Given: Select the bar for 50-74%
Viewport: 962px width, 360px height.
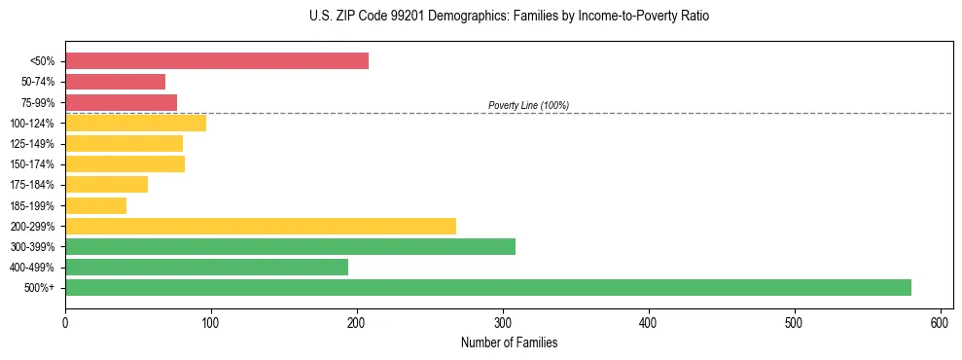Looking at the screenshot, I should coord(115,82).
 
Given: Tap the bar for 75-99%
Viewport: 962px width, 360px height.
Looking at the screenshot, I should coord(121,102).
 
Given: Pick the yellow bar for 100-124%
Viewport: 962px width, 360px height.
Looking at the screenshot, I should coord(135,123).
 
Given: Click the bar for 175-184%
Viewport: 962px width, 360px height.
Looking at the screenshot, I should coord(106,185).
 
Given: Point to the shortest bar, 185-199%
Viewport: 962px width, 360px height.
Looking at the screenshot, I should coord(95,205).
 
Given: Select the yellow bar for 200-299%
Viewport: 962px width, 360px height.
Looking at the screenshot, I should coord(260,226).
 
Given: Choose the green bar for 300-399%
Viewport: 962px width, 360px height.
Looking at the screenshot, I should coord(290,246).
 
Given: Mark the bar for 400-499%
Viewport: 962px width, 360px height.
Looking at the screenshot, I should coord(206,267).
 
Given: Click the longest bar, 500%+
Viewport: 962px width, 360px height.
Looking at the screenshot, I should coord(487,287).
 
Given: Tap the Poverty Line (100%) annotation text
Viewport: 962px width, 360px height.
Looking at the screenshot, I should coord(528,105).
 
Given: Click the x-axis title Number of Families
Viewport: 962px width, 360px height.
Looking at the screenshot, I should coord(509,342).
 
